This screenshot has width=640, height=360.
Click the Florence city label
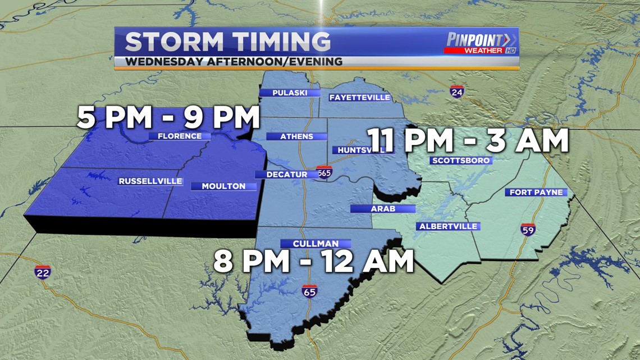pyautogui.click(x=179, y=136)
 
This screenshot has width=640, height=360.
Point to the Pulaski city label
pyautogui.click(x=289, y=93)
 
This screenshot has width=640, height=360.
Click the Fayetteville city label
pyautogui.click(x=359, y=97)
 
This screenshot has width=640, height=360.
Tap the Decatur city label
pyautogui.click(x=286, y=174)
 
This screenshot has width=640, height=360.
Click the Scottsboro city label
pyautogui.click(x=461, y=160)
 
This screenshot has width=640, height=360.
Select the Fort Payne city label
pyautogui.click(x=536, y=192)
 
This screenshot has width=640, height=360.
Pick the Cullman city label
pyautogui.click(x=316, y=243)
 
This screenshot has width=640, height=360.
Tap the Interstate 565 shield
pyautogui.click(x=323, y=173)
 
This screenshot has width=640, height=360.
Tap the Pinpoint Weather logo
pyautogui.click(x=481, y=43)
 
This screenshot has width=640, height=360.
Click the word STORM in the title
pyautogui.click(x=173, y=42)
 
